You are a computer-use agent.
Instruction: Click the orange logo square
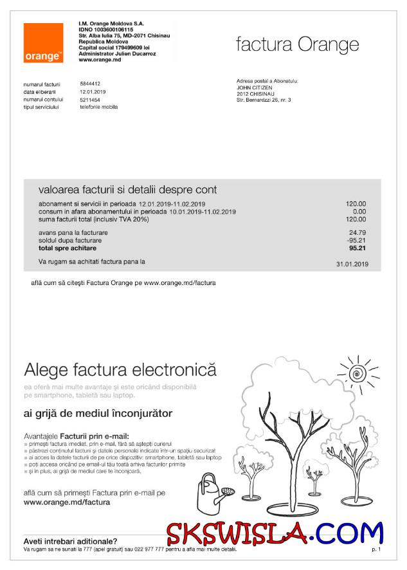tap(44, 43)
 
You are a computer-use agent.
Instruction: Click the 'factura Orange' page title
tap(297, 45)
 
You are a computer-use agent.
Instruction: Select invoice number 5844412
tap(90, 84)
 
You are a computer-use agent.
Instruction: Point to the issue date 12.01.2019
tap(93, 92)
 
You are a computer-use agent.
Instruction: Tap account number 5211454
tap(90, 100)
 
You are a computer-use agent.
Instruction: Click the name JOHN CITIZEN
tap(255, 87)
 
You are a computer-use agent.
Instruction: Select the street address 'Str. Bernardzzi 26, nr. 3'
tap(264, 100)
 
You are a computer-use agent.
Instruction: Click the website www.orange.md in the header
tap(97, 60)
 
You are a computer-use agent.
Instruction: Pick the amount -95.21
tap(356, 240)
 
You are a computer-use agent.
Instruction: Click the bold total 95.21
tap(357, 248)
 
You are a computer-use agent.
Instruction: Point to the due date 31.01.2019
tap(352, 264)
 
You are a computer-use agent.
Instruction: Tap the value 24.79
tap(357, 232)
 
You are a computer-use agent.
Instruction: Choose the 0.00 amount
tap(359, 211)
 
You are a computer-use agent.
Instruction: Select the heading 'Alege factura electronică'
tap(120, 370)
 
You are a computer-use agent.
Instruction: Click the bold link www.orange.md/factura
tap(66, 502)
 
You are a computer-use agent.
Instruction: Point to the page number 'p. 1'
tap(376, 550)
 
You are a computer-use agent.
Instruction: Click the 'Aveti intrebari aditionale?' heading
tap(70, 542)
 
